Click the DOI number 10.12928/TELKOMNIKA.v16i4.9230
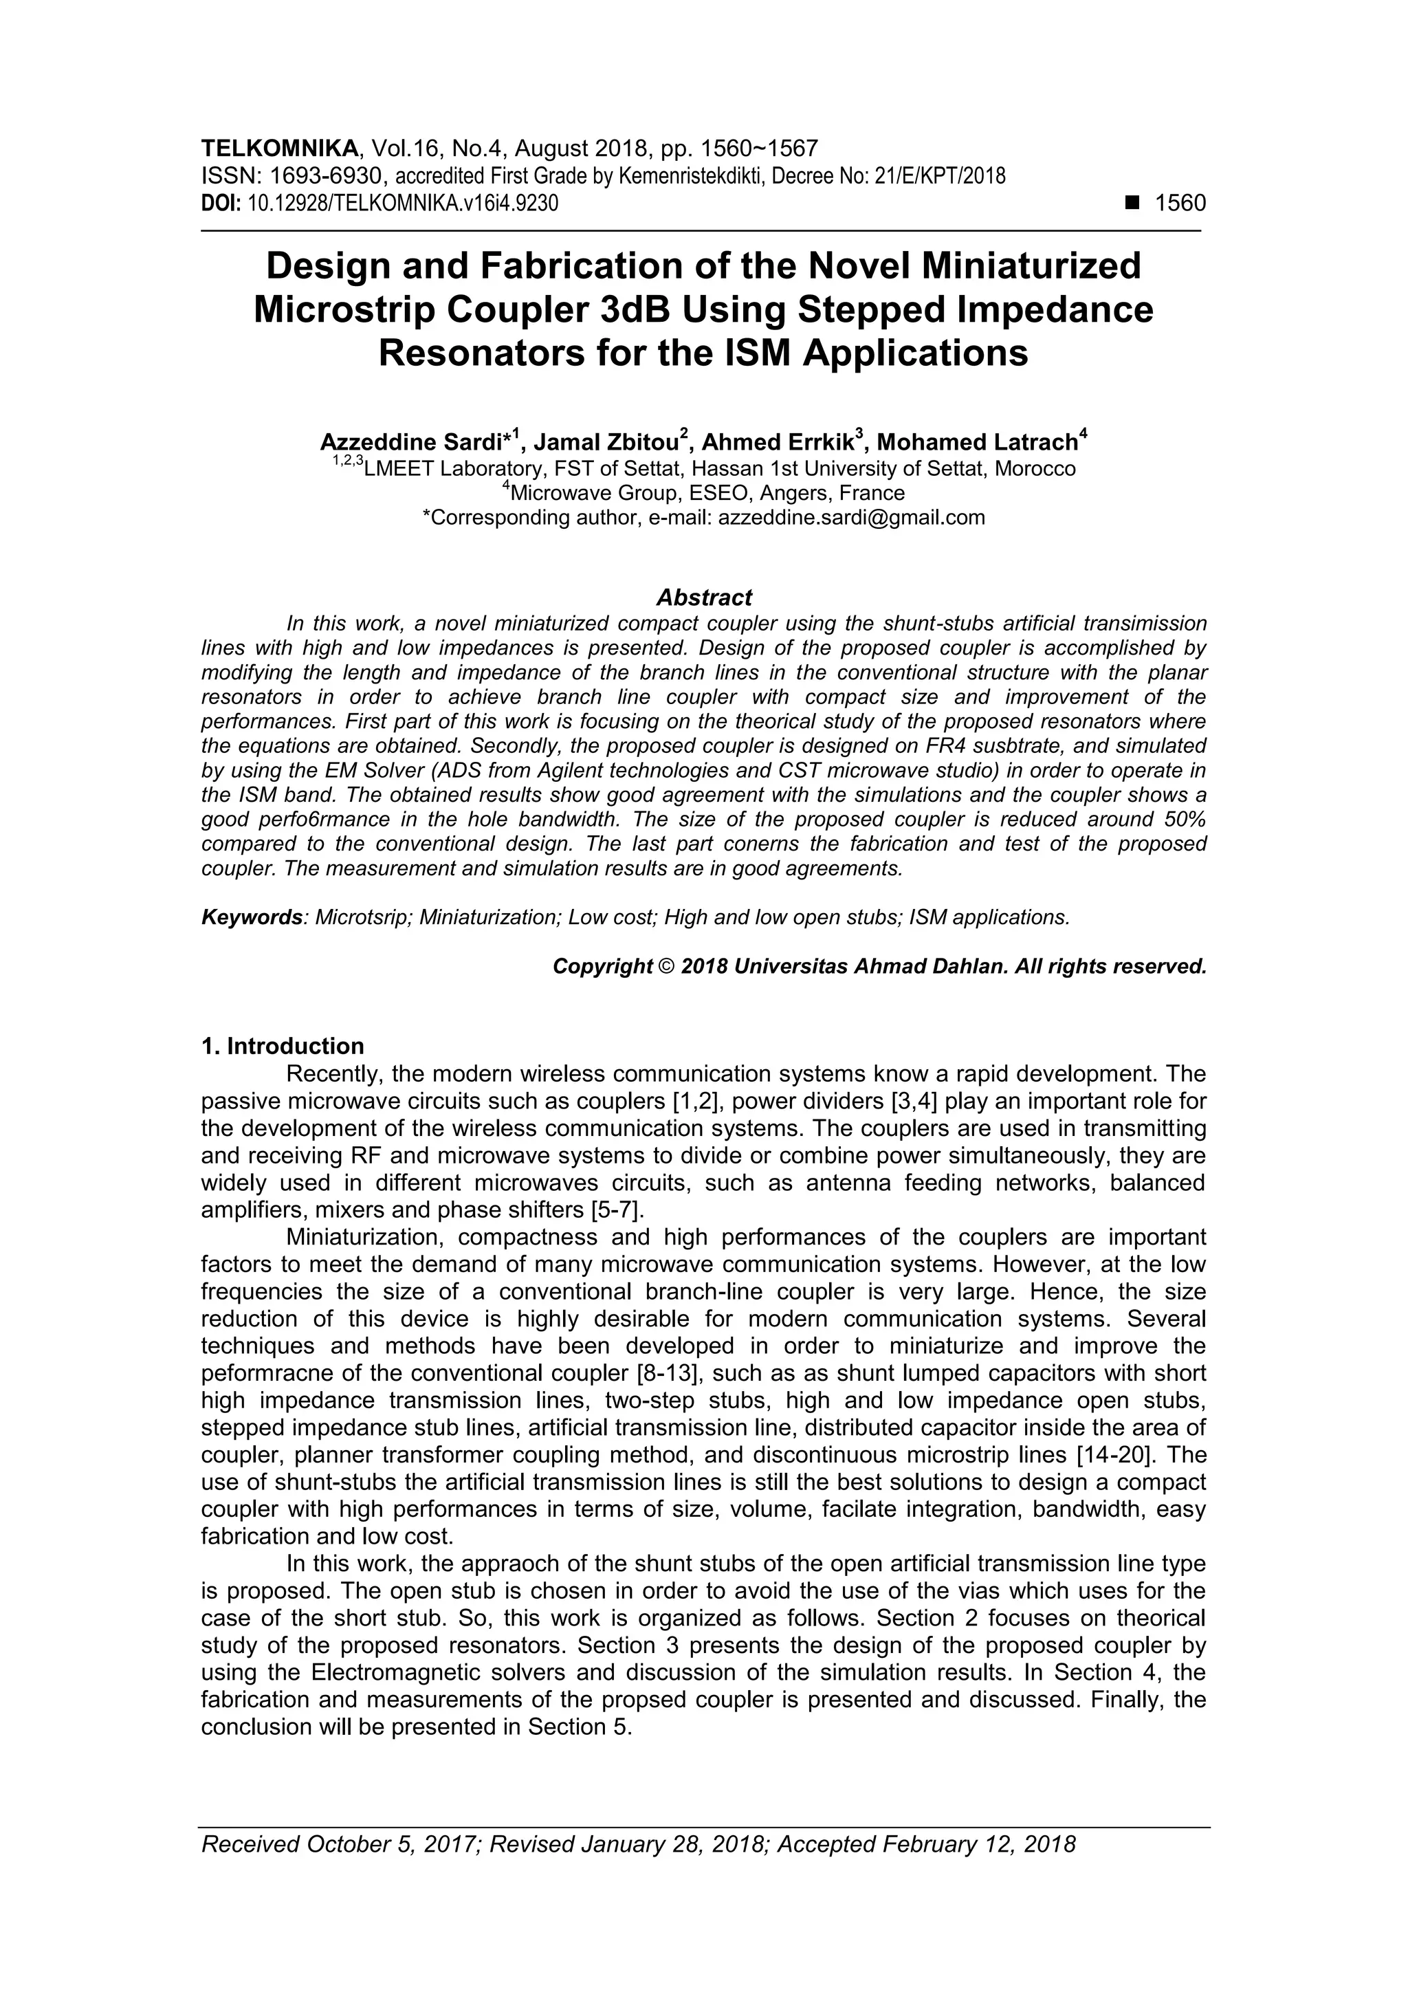click(x=404, y=204)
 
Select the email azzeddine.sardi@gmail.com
click(x=852, y=518)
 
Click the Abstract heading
click(x=703, y=598)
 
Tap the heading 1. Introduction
click(x=283, y=1047)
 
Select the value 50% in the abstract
click(x=1180, y=819)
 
